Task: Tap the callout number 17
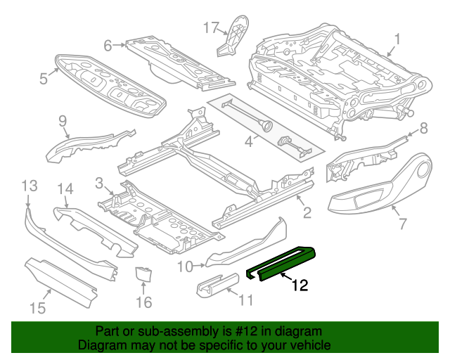pos(211,27)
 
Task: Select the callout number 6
pos(108,46)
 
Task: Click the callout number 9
pos(63,120)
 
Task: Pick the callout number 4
pos(248,142)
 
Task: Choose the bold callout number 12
pos(300,285)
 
